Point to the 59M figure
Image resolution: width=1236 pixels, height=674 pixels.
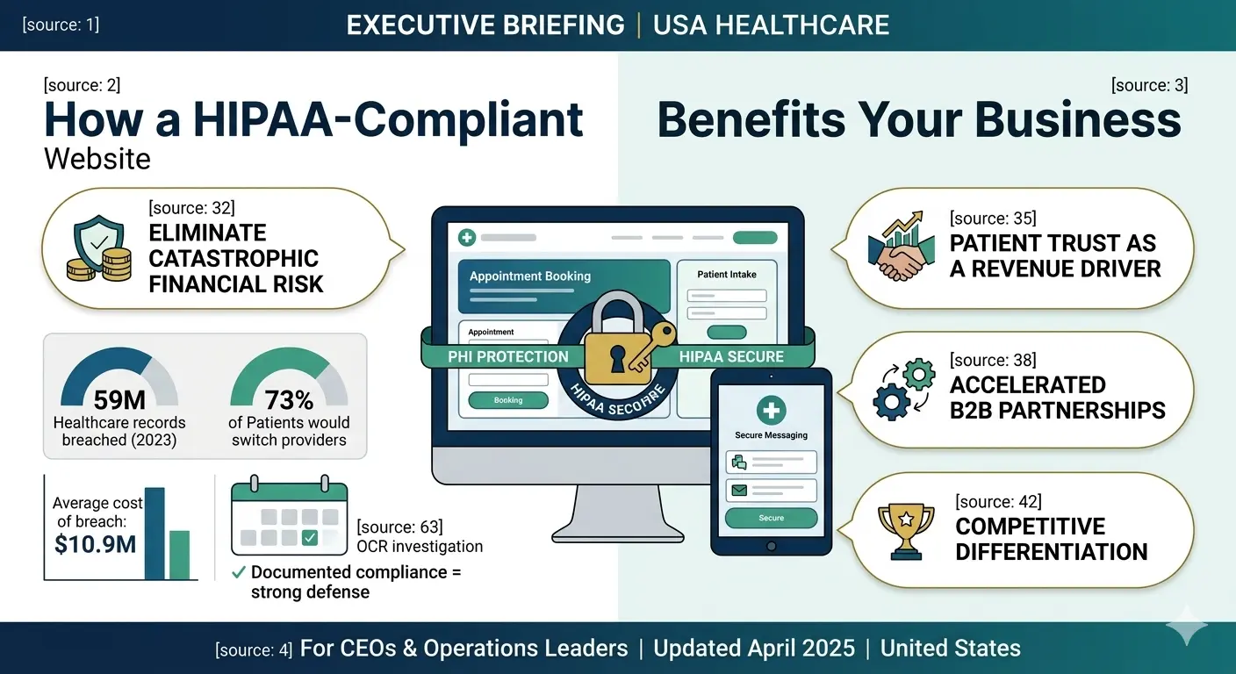pyautogui.click(x=119, y=400)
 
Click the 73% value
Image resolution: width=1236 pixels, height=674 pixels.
pyautogui.click(x=289, y=400)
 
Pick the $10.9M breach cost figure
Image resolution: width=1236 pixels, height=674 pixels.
pyautogui.click(x=96, y=544)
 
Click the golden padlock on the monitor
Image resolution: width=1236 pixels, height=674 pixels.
pyautogui.click(x=620, y=346)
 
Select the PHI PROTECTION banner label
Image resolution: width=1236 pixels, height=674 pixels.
pyautogui.click(x=508, y=356)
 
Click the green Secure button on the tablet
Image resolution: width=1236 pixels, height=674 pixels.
pyautogui.click(x=771, y=518)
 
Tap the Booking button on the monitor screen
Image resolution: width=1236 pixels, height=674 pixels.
pyautogui.click(x=508, y=400)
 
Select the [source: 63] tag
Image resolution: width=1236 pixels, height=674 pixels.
pyautogui.click(x=399, y=527)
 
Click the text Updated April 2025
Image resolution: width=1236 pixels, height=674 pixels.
pyautogui.click(x=754, y=649)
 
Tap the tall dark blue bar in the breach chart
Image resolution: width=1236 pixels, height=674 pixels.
pyautogui.click(x=154, y=534)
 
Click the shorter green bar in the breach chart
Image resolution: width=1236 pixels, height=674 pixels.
pyautogui.click(x=179, y=555)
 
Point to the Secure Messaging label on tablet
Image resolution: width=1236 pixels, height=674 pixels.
pyautogui.click(x=771, y=434)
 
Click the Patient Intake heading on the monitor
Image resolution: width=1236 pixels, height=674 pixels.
pyautogui.click(x=727, y=274)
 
